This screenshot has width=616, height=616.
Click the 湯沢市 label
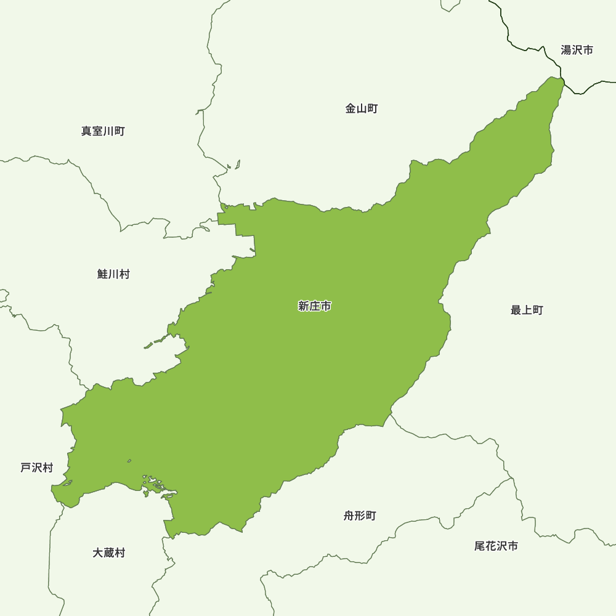(577, 51)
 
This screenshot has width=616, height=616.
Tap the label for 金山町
(362, 109)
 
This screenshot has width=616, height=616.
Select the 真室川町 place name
(103, 131)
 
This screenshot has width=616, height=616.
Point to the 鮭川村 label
(113, 275)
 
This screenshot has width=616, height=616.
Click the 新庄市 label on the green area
(314, 306)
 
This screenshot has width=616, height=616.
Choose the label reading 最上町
(527, 310)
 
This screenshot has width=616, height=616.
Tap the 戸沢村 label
(37, 468)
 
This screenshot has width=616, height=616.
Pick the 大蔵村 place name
(108, 553)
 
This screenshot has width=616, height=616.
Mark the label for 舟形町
(360, 516)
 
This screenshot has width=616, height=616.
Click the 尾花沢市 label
(496, 546)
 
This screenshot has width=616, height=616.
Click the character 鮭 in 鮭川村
(103, 275)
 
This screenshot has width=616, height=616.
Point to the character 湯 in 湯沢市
(566, 51)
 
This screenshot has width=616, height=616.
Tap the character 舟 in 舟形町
(349, 516)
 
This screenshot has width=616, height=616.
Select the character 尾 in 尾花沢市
(480, 546)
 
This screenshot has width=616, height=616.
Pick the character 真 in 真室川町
(87, 131)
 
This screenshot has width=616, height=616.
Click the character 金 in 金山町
(351, 109)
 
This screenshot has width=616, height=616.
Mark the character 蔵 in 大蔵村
(108, 553)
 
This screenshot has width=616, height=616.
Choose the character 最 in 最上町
(516, 310)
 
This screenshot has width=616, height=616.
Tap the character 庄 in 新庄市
(314, 306)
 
